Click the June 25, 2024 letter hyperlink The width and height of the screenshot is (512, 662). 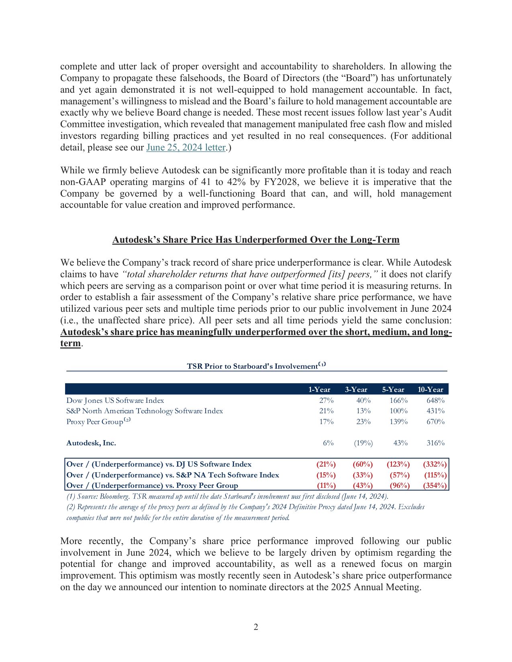point(186,148)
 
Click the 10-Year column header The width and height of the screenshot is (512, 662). point(430,390)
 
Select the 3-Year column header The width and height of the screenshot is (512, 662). point(356,390)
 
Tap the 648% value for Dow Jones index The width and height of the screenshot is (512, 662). point(435,400)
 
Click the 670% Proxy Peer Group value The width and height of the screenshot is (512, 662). point(435,422)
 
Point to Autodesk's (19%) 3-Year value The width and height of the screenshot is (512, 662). point(363,443)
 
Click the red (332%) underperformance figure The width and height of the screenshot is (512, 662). point(434,464)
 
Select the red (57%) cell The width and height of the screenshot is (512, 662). point(400,475)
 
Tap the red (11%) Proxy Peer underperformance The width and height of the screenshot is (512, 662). point(326,485)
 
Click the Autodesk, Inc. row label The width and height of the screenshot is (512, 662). point(91,443)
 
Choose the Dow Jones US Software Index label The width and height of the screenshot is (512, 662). point(115,400)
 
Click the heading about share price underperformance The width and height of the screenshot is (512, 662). point(256,240)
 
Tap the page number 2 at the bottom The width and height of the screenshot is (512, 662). point(256,627)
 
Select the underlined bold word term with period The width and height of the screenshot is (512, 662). point(71,344)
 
